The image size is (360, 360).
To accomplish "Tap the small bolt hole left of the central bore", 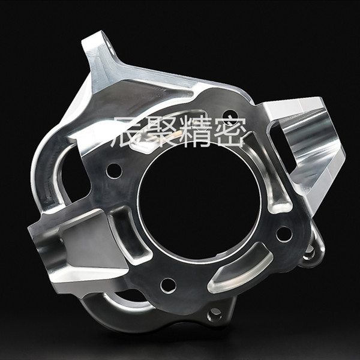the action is [x=114, y=171].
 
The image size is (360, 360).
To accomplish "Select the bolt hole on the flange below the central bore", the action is [x=168, y=286].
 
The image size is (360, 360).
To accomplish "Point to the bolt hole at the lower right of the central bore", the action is [x=284, y=234].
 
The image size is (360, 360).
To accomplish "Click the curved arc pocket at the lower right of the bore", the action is [x=241, y=269].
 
